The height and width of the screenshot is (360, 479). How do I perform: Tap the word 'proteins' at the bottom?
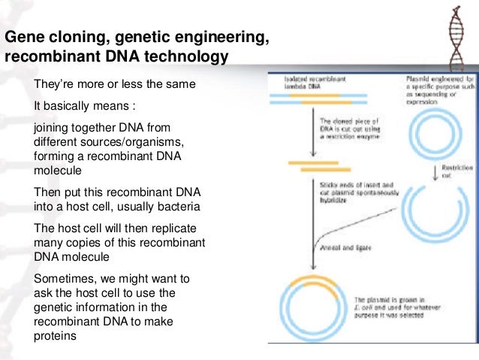click(x=56, y=336)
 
